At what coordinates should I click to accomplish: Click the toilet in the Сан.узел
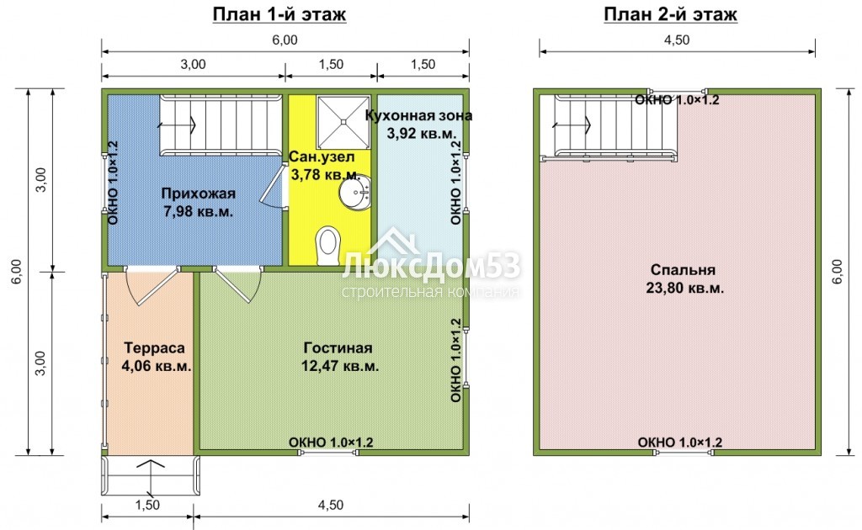tap(328, 246)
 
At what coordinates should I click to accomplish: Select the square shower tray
tap(343, 122)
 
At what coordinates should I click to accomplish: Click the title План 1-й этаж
tap(279, 13)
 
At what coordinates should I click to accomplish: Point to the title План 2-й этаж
tap(670, 13)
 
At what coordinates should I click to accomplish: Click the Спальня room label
tap(683, 270)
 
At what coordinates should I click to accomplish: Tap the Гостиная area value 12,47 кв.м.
tap(340, 366)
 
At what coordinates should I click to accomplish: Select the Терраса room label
tap(155, 347)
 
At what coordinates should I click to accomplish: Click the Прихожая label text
tap(199, 193)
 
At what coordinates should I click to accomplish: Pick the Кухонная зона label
tap(418, 115)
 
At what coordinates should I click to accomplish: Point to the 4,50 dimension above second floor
tap(677, 40)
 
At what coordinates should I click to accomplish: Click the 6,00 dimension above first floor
tap(285, 40)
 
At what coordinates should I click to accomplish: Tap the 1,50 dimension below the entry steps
tap(147, 505)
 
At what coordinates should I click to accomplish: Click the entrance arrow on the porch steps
tap(151, 478)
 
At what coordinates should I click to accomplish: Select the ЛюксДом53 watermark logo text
tap(432, 268)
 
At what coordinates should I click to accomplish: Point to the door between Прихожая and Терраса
tap(152, 285)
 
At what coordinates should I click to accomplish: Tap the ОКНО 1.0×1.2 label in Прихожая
tap(114, 183)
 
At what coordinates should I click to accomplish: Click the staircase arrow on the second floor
tap(572, 125)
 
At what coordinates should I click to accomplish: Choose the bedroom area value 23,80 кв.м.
tap(685, 288)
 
